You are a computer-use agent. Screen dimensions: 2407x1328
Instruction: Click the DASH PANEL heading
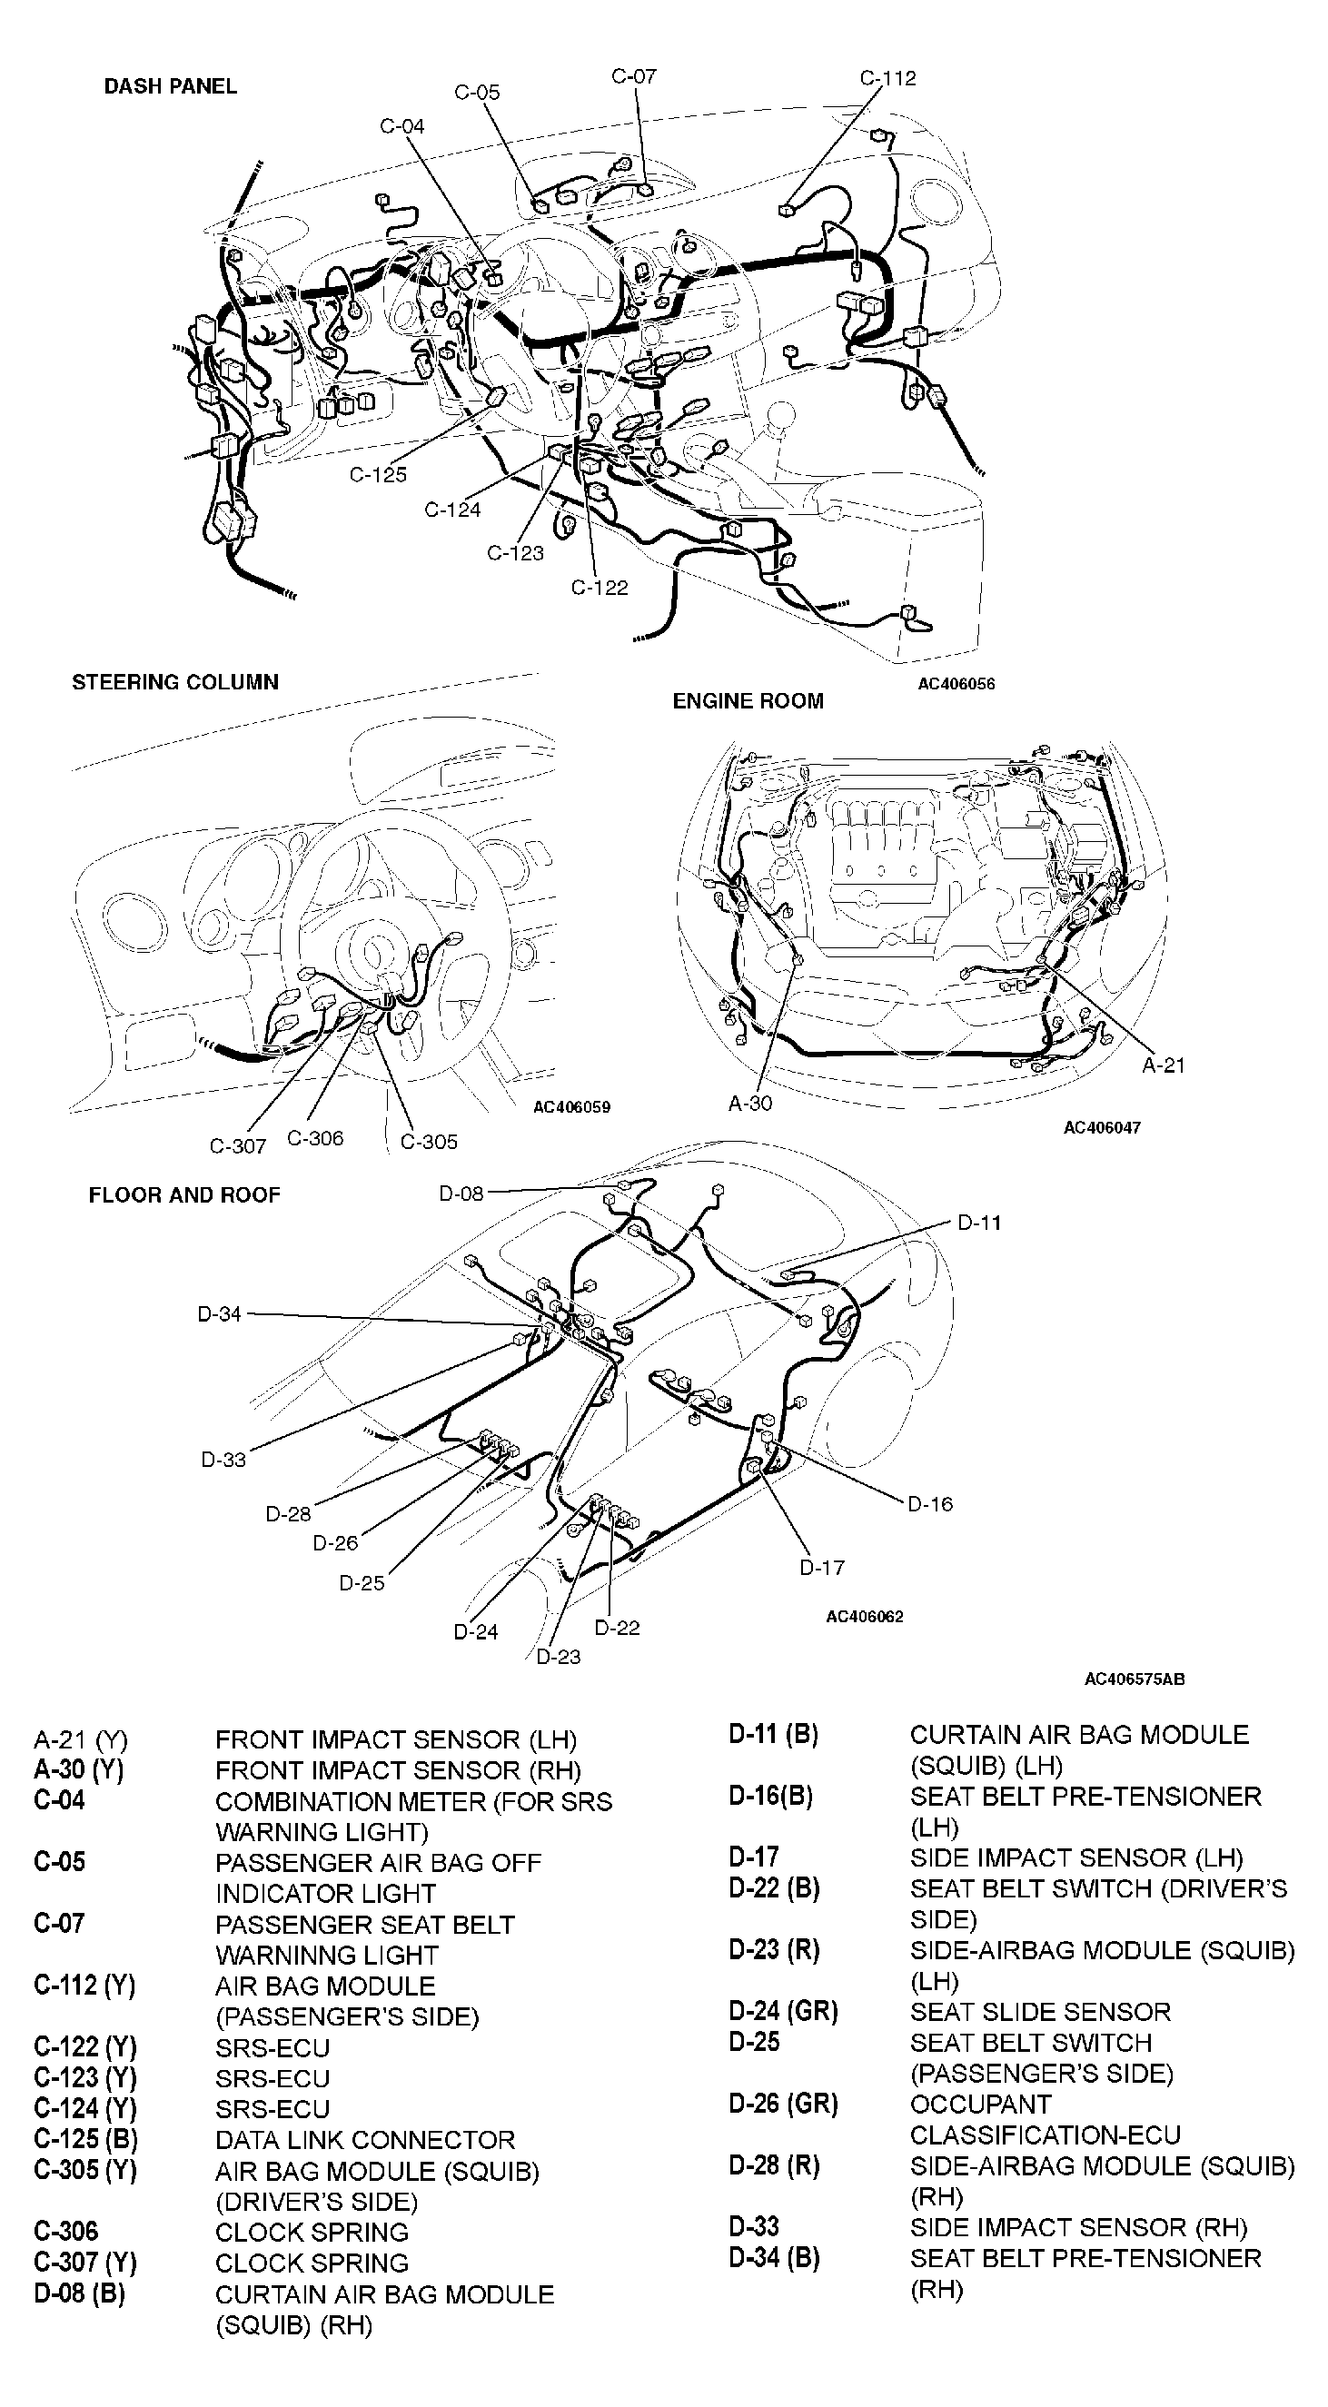pyautogui.click(x=170, y=86)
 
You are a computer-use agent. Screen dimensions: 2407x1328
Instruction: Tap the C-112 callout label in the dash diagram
pyautogui.click(x=887, y=78)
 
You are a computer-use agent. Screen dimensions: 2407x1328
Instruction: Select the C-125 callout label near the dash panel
pyautogui.click(x=378, y=475)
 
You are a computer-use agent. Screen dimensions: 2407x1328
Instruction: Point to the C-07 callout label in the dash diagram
pyautogui.click(x=633, y=76)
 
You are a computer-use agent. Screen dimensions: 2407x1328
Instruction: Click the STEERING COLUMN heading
pyautogui.click(x=174, y=682)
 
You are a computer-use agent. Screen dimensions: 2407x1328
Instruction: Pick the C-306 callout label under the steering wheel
pyautogui.click(x=315, y=1138)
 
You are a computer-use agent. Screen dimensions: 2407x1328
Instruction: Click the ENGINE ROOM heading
pyautogui.click(x=748, y=701)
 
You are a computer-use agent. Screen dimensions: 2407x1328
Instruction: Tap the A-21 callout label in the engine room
pyautogui.click(x=1163, y=1065)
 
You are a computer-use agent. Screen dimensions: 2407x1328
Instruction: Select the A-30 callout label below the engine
pyautogui.click(x=749, y=1104)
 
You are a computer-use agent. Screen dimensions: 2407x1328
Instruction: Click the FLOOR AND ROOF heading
pyautogui.click(x=184, y=1195)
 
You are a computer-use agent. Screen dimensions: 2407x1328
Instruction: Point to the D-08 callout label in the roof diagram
pyautogui.click(x=461, y=1194)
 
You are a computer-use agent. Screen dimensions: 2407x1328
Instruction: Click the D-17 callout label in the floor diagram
pyautogui.click(x=821, y=1568)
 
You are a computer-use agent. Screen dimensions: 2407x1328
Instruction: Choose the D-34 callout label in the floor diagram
pyautogui.click(x=219, y=1313)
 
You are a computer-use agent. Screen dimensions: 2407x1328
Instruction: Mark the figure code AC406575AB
pyautogui.click(x=1134, y=1679)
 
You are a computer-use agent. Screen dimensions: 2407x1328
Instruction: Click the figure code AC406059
pyautogui.click(x=571, y=1107)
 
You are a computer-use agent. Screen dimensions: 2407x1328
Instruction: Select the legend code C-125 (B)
pyautogui.click(x=85, y=2140)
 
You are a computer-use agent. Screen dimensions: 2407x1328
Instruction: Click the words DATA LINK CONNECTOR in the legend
pyautogui.click(x=364, y=2140)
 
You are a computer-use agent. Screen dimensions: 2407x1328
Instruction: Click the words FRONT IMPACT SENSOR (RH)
pyautogui.click(x=397, y=1770)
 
